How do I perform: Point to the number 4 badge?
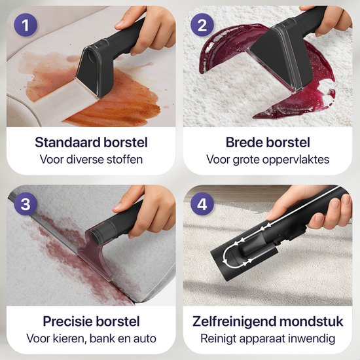[x=201, y=204]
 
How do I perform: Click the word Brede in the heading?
[x=244, y=143]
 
